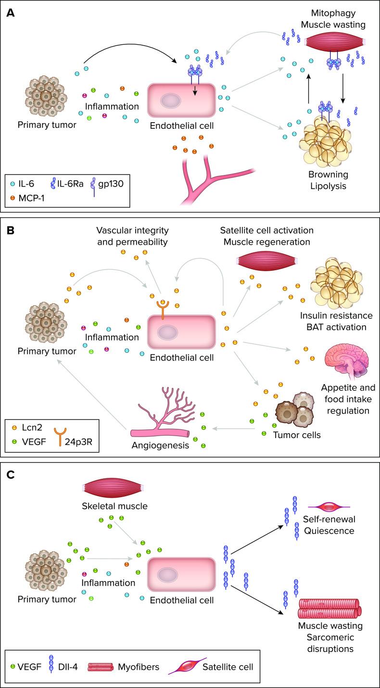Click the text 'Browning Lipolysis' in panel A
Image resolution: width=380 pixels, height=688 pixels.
pos(328,179)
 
